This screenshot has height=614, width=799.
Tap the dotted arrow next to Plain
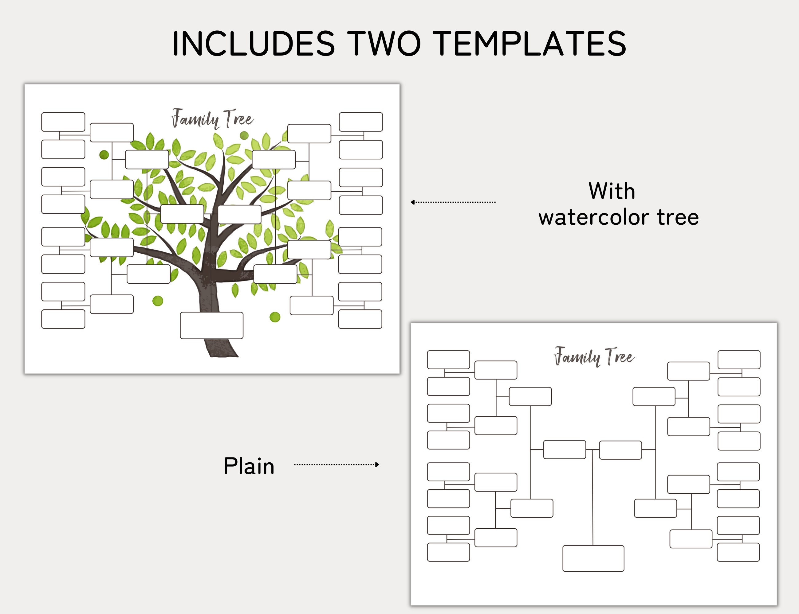click(x=337, y=464)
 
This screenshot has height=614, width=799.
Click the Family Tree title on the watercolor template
click(x=212, y=119)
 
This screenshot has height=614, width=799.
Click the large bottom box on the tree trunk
click(x=211, y=325)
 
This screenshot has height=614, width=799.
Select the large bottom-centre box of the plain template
click(x=593, y=558)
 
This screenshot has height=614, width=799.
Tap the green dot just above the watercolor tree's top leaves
click(x=244, y=136)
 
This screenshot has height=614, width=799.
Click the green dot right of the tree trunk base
click(x=275, y=317)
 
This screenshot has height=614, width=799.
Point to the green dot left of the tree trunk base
click(x=158, y=301)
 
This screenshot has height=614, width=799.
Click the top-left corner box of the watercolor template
click(x=63, y=122)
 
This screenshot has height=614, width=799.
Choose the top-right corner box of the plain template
click(x=739, y=359)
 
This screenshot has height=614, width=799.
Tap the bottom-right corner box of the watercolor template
click(x=360, y=319)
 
